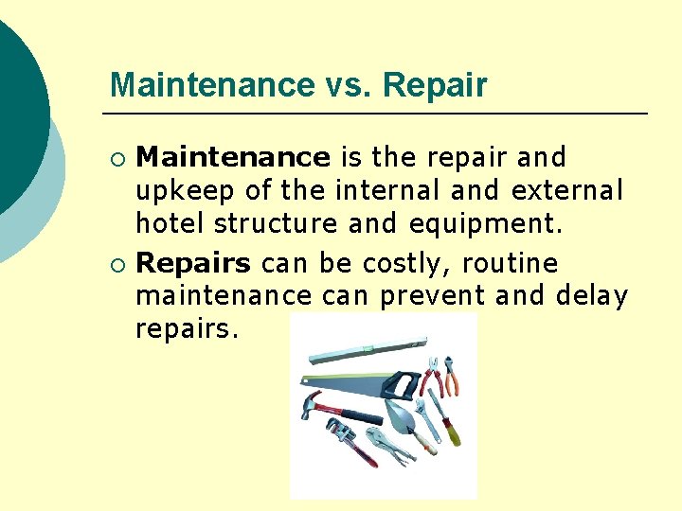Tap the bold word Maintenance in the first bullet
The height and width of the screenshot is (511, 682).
[233, 157]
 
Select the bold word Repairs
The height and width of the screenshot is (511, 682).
[194, 263]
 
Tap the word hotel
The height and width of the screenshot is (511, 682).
[171, 225]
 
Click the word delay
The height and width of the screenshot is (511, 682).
[592, 297]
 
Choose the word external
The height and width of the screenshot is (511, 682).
[566, 191]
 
